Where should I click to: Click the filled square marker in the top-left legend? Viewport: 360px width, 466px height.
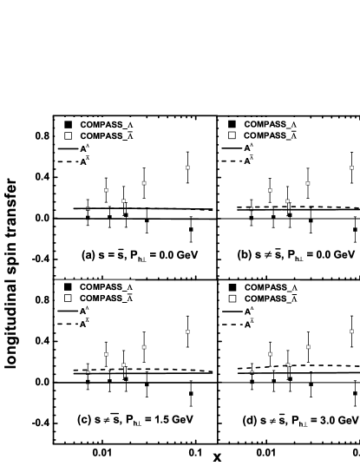click(x=69, y=124)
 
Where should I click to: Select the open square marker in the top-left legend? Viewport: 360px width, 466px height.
click(x=69, y=135)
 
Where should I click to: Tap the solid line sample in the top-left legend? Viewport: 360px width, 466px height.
click(x=68, y=148)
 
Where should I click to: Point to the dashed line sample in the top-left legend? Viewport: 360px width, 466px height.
click(x=68, y=161)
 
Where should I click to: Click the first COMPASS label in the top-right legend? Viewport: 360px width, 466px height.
click(x=272, y=124)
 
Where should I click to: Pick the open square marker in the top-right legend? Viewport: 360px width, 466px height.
click(x=232, y=135)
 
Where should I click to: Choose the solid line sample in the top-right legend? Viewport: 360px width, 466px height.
click(x=232, y=148)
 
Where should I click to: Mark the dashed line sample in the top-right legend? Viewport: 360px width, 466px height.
click(x=232, y=161)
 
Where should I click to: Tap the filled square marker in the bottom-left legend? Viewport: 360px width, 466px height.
click(x=69, y=287)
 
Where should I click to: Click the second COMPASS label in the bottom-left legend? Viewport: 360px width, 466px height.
click(x=107, y=299)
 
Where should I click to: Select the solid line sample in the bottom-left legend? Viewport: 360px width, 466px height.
click(x=68, y=311)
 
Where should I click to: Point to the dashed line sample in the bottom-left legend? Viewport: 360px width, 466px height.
click(x=68, y=324)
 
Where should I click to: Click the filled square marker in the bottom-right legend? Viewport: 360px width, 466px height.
click(x=232, y=287)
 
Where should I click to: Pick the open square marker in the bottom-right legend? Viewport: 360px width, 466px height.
click(x=232, y=299)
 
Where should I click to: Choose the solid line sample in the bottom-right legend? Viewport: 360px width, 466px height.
click(x=232, y=311)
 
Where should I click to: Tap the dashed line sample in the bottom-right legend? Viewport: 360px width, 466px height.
click(x=232, y=324)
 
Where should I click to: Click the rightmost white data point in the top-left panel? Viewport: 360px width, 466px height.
click(x=187, y=167)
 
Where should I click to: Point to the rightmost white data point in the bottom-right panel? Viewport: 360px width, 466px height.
click(x=351, y=331)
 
